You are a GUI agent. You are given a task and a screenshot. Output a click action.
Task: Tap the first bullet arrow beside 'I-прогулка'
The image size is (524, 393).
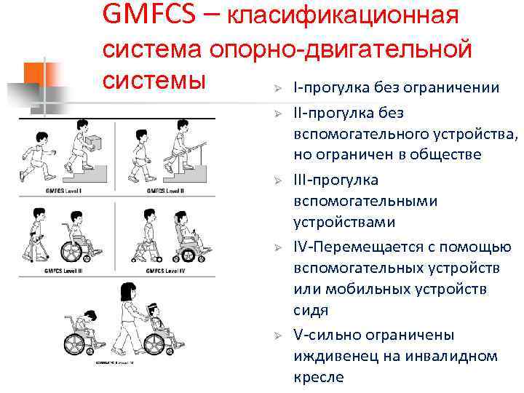[x=277, y=89]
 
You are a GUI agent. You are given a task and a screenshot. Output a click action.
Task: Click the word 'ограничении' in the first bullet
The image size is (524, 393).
[x=455, y=88]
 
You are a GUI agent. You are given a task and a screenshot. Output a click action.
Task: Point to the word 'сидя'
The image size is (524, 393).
[x=311, y=310]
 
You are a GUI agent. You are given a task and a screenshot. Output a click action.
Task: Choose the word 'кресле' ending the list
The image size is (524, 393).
[x=317, y=377]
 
